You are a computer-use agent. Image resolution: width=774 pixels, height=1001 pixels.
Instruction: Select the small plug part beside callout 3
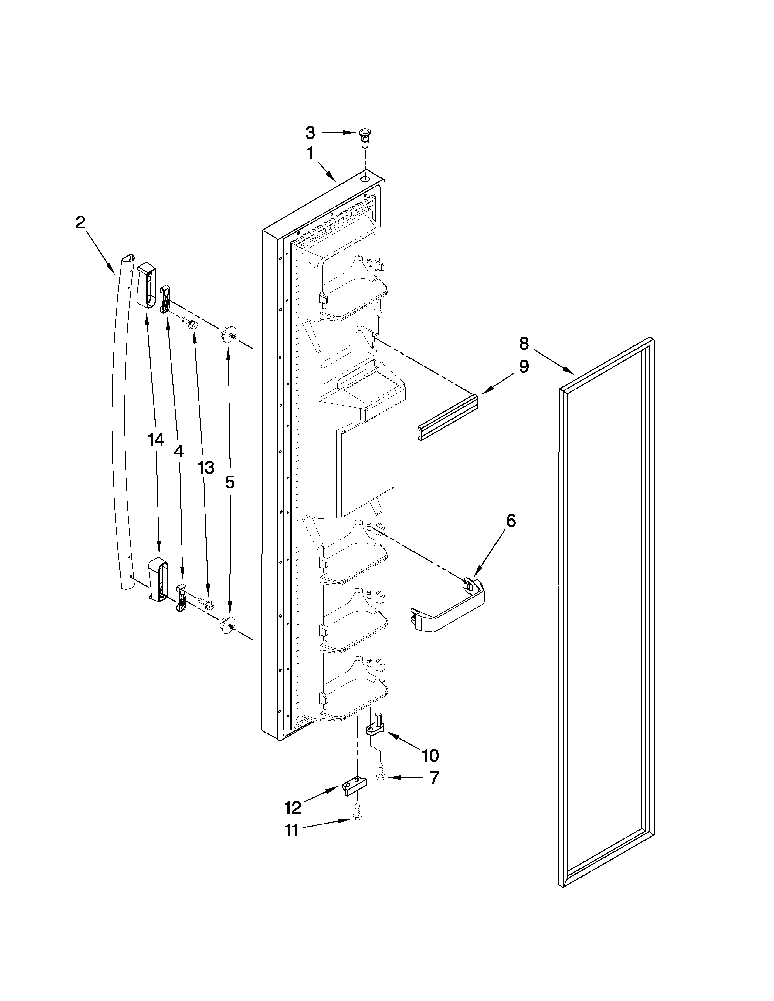(365, 136)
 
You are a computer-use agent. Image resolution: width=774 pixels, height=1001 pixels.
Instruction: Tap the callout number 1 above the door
(311, 153)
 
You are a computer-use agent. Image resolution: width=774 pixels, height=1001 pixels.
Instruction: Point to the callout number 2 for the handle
(80, 223)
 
